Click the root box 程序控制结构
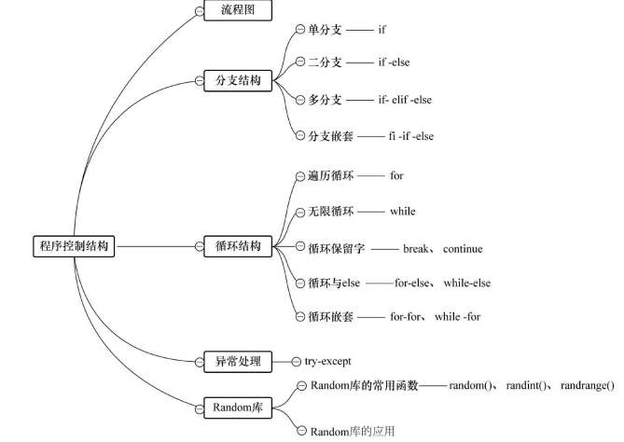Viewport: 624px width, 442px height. [74, 246]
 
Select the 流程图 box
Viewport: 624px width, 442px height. [238, 10]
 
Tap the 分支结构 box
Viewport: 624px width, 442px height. [238, 81]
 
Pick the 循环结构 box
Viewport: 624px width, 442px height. [238, 246]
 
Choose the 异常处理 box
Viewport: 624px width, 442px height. [238, 362]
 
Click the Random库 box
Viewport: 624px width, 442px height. [238, 407]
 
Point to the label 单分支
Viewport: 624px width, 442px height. [325, 30]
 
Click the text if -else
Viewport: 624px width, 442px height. [394, 62]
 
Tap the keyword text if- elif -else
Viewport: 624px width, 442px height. [405, 100]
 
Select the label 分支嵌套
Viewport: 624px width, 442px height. [330, 136]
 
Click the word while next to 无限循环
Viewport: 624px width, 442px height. [403, 211]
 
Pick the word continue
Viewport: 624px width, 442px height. [463, 249]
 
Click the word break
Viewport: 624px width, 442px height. [415, 249]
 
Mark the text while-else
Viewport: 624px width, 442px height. [467, 283]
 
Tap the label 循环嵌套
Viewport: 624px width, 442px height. [330, 317]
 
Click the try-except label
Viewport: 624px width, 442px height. [328, 362]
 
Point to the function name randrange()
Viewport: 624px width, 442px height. [588, 385]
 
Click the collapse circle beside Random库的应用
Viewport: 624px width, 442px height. [301, 431]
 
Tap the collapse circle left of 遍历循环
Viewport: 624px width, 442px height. [300, 176]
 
